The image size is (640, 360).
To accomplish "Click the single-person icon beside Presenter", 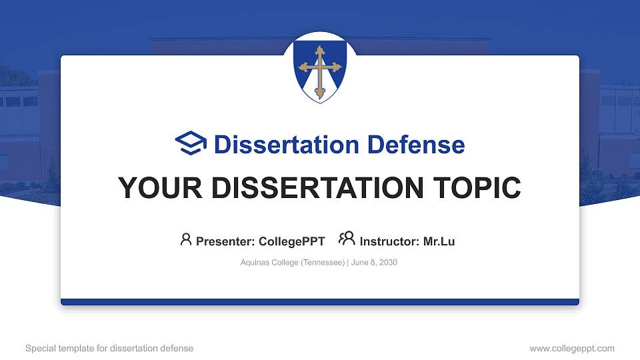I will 186,239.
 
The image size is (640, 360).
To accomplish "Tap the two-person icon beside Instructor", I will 347,239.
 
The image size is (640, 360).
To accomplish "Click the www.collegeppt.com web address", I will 572,348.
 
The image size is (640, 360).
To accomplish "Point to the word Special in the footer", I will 39,348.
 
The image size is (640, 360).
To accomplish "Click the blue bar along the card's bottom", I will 320,302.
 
